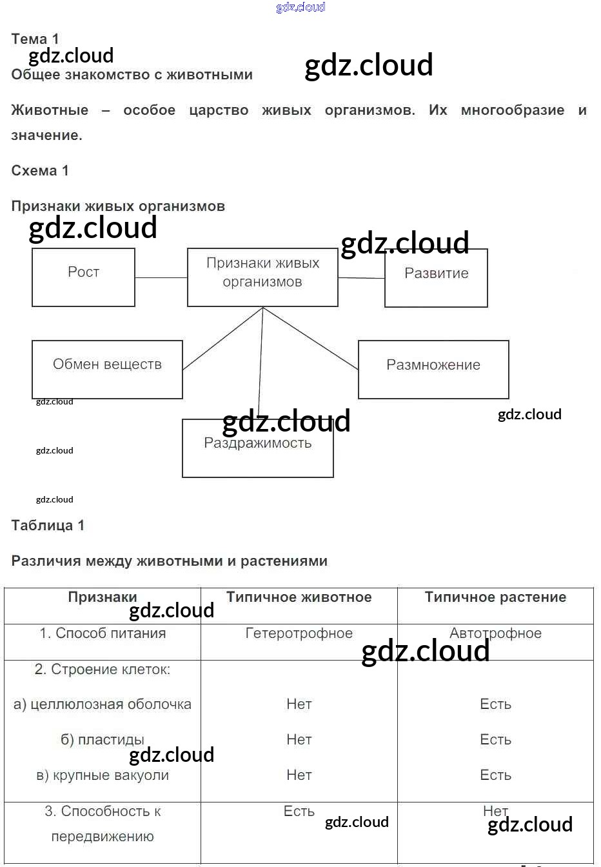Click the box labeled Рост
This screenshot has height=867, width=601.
[83, 277]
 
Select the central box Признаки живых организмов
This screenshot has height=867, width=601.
[262, 277]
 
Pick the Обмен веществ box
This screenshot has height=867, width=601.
[107, 370]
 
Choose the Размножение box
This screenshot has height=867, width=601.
[433, 370]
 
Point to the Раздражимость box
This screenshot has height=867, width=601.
[258, 449]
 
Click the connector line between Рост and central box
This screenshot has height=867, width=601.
[161, 278]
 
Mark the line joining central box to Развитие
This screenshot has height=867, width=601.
[361, 279]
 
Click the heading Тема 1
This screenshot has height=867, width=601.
[35, 39]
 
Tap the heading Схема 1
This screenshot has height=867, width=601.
[40, 171]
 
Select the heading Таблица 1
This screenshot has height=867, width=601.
[48, 525]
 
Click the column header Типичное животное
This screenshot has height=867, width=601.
[299, 597]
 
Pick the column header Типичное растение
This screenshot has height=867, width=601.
[495, 597]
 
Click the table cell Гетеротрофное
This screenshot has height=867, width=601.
[299, 633]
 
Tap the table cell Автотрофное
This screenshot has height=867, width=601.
[495, 633]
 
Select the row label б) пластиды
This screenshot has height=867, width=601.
[103, 740]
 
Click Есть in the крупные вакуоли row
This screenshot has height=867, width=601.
[495, 775]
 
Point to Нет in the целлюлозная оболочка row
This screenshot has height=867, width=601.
[299, 704]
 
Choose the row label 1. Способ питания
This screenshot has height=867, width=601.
[103, 633]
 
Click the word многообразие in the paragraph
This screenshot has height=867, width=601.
[513, 110]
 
